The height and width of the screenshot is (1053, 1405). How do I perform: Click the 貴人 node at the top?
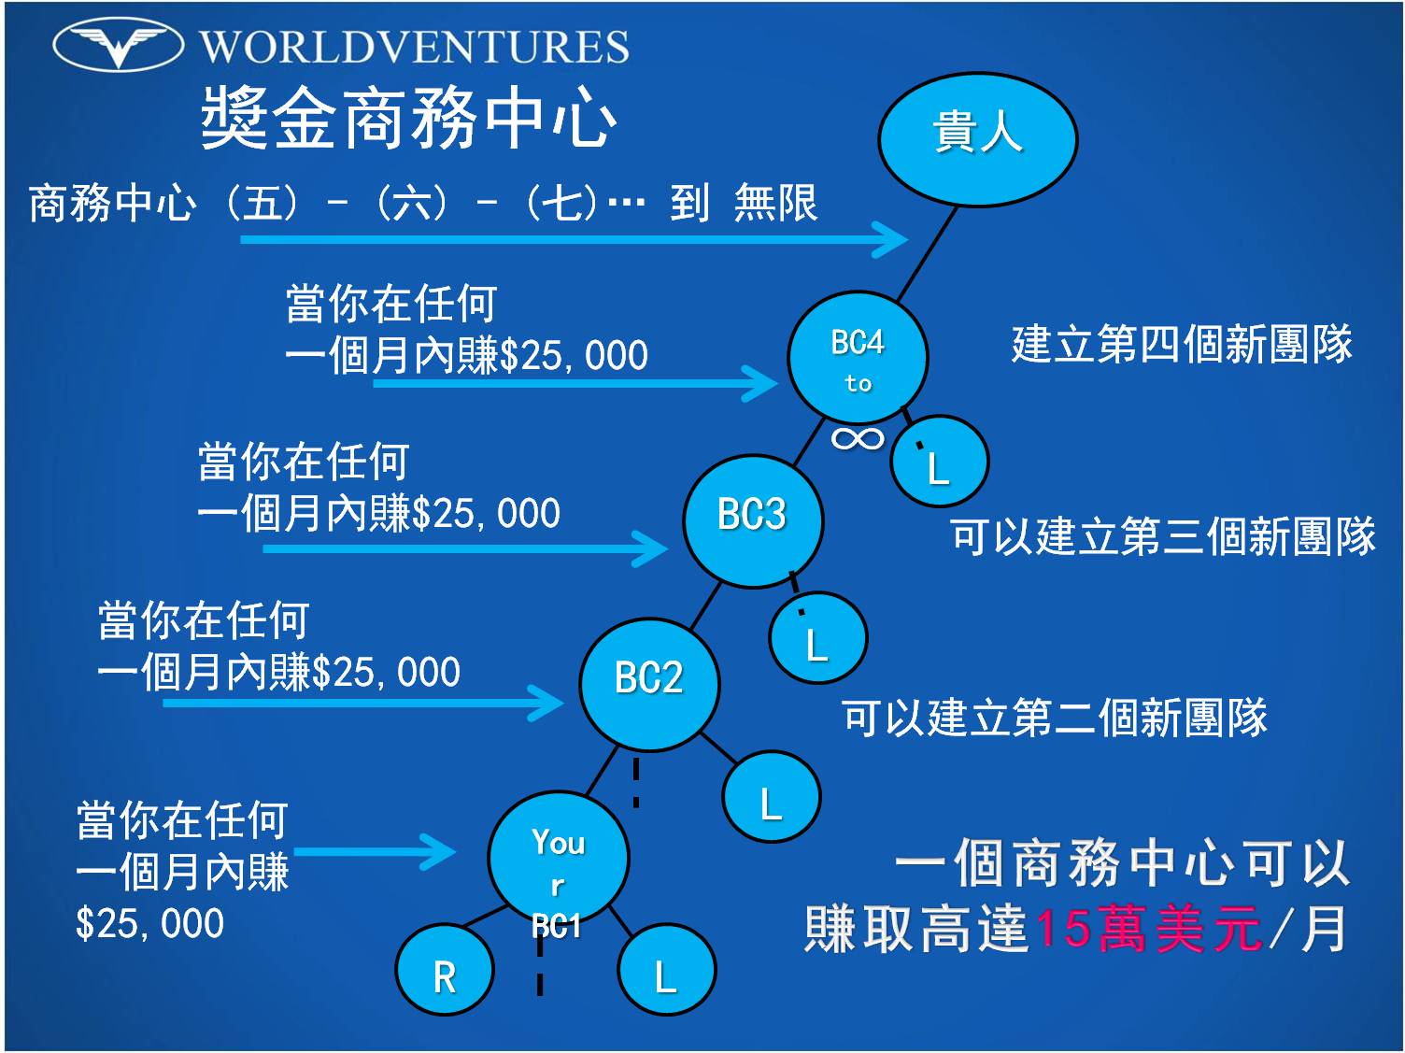tap(977, 138)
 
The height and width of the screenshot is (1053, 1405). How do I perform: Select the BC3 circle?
tap(753, 520)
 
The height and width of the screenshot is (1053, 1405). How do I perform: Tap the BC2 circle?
tap(649, 683)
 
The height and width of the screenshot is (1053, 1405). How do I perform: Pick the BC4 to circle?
tap(858, 357)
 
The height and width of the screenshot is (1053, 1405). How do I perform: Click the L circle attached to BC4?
tap(939, 462)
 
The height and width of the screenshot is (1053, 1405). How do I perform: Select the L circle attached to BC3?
tap(817, 639)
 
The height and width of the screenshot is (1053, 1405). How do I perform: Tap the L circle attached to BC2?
tap(771, 797)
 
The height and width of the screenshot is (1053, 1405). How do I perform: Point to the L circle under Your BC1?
tap(666, 970)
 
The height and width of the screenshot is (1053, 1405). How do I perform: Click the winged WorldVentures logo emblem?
tap(118, 44)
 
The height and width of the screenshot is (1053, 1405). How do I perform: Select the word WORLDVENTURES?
tap(415, 47)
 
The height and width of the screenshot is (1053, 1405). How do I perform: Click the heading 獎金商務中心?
tap(408, 119)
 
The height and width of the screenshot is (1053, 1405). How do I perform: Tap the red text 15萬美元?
tap(1148, 930)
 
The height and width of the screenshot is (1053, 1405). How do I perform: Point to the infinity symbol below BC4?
tap(858, 437)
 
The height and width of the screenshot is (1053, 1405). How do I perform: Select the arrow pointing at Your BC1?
tap(374, 851)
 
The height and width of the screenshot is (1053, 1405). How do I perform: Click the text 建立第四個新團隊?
tap(1181, 344)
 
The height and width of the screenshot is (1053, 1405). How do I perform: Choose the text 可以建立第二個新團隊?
tap(1054, 718)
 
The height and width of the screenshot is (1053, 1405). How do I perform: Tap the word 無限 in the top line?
tap(775, 203)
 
